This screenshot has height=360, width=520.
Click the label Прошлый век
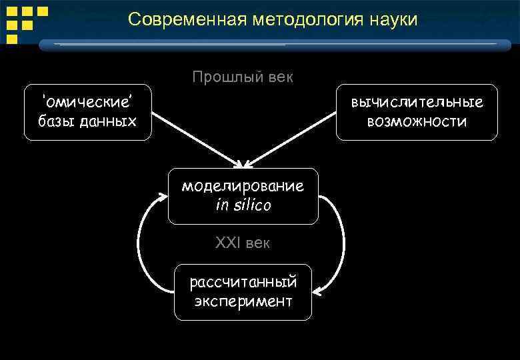[x=243, y=77]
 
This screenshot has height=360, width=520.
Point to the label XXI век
[x=243, y=243]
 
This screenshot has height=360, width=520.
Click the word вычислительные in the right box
[x=417, y=103]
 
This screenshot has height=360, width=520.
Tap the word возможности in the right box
[x=417, y=121]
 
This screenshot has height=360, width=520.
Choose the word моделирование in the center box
[x=243, y=186]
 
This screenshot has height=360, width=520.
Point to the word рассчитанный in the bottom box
[x=243, y=282]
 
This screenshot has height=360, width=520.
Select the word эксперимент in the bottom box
[x=243, y=301]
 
